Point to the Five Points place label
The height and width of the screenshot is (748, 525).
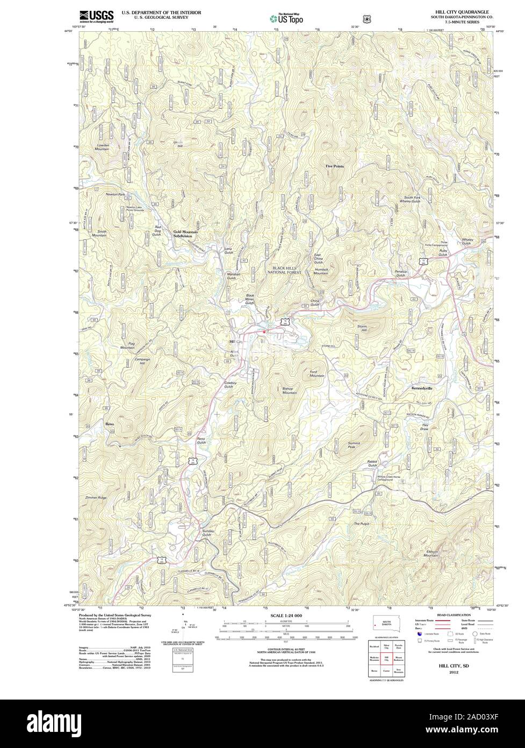point(334,166)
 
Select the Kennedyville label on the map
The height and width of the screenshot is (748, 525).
point(421,387)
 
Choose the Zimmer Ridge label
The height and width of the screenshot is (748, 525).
point(96,498)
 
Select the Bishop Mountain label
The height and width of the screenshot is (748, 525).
point(290,391)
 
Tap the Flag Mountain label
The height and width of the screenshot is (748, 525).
point(127,345)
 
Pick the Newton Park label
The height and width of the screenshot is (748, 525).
point(115,194)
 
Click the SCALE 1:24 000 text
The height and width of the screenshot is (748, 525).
point(285,615)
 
